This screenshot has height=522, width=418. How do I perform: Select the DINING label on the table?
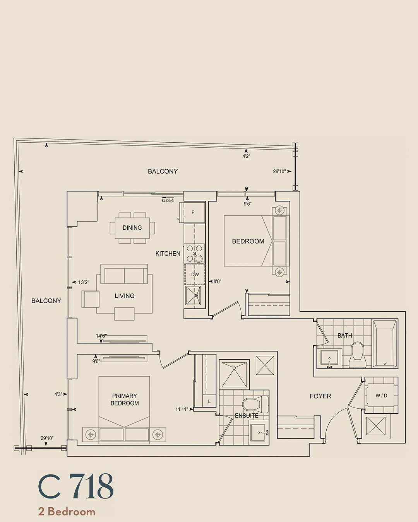coord(132,228)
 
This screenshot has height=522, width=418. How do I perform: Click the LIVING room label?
coord(124,296)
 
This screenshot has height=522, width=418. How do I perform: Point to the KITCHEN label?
coord(168,254)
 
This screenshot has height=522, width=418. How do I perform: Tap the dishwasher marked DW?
coord(195,275)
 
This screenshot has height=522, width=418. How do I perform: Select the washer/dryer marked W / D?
coord(381,396)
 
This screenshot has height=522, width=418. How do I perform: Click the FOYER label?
coord(320,396)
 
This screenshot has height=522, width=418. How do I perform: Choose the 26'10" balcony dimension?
coord(279,172)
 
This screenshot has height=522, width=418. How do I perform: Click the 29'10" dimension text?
coord(47,438)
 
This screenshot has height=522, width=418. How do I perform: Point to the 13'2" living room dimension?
coord(84,282)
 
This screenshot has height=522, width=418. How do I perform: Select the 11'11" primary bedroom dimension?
coord(182,409)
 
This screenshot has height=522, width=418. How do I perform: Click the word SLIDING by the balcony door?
coord(168,201)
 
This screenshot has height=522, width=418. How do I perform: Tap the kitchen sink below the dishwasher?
coord(193,295)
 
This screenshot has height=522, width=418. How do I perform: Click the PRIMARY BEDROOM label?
coord(125,399)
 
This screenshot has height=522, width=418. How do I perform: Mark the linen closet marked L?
coord(209,402)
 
